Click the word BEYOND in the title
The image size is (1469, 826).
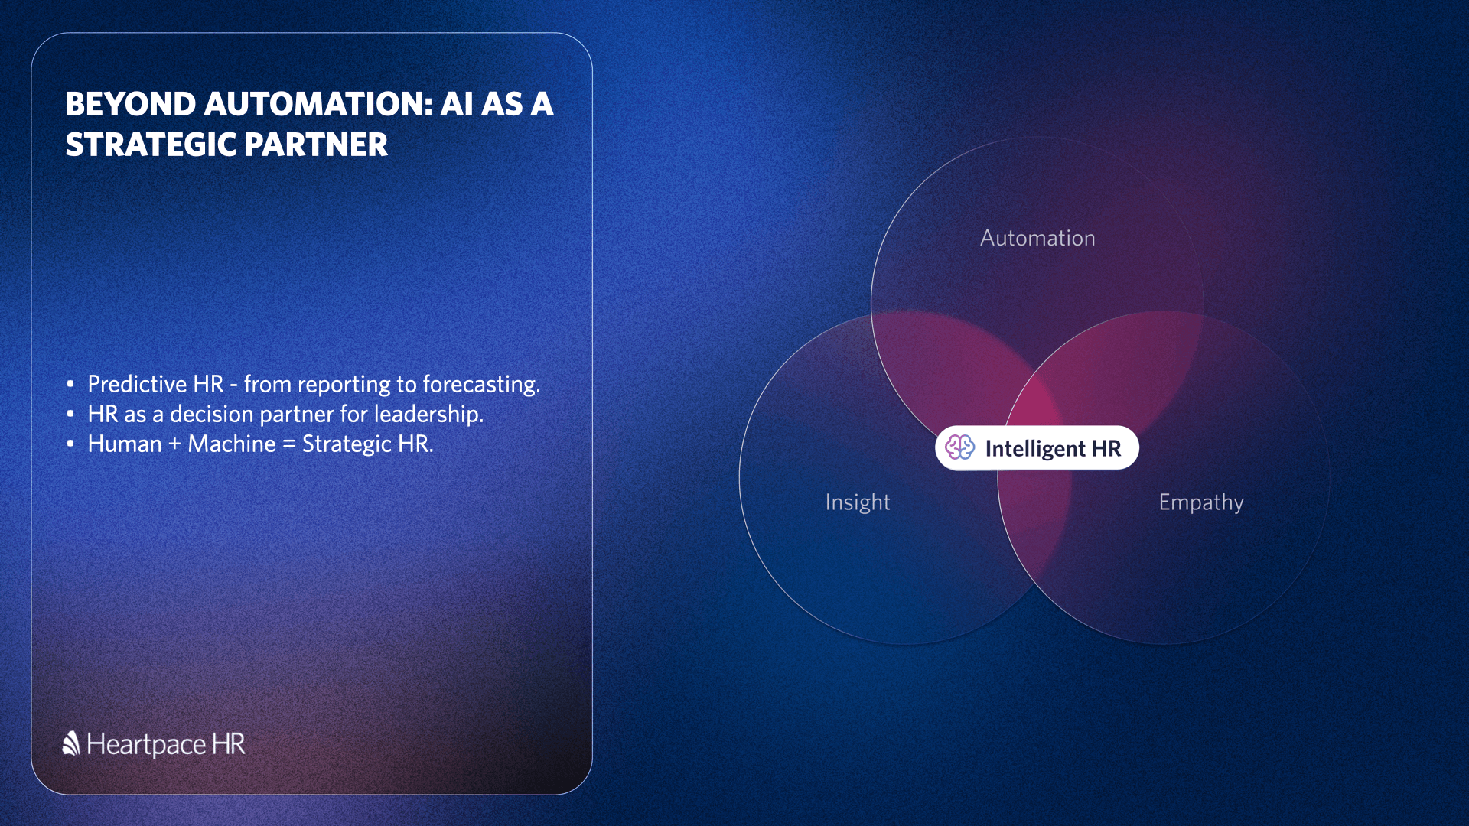tap(131, 104)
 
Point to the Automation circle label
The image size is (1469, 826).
tap(1037, 238)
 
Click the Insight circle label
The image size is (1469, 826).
tap(858, 502)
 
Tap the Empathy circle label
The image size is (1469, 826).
tap(1201, 502)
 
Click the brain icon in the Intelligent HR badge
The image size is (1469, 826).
tap(959, 447)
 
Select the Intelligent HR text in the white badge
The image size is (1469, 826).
tap(1053, 449)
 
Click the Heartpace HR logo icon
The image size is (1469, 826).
tap(71, 743)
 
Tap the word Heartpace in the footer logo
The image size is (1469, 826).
tap(146, 745)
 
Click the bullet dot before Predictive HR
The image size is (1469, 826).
tap(70, 383)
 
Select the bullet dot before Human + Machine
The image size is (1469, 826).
tap(70, 443)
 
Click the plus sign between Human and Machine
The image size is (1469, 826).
tap(174, 444)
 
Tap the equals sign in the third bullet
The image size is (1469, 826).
tap(288, 444)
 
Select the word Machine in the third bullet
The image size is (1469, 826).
tap(232, 444)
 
